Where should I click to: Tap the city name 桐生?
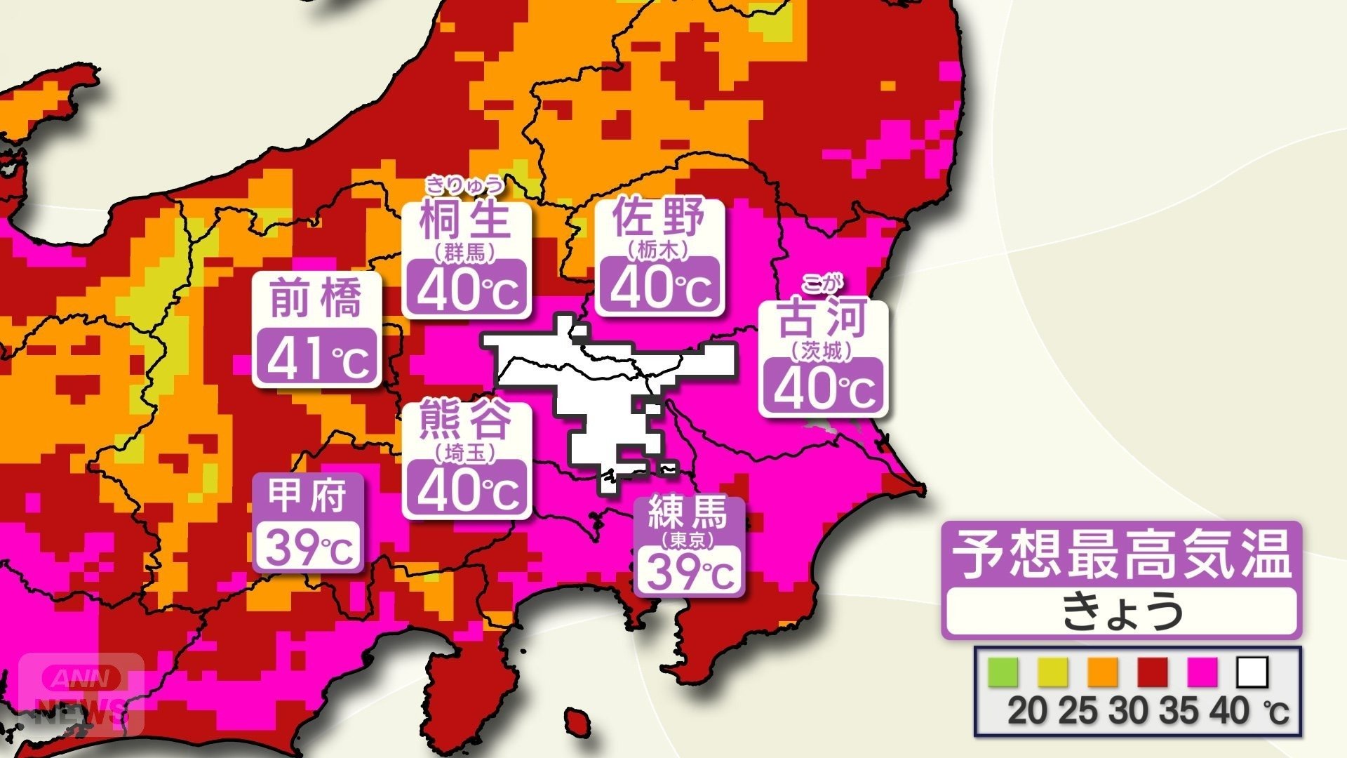pos(464,219)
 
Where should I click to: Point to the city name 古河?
pos(822,319)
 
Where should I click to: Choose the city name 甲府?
pos(308,496)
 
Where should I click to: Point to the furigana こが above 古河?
pos(822,284)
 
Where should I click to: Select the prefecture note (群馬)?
pos(464,252)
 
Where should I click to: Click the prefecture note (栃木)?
pos(659,248)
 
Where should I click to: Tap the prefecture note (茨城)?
pos(822,350)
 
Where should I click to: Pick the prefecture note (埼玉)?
pos(464,453)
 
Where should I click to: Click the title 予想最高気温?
pos(1121,554)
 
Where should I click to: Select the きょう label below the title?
pos(1121,611)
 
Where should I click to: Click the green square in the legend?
pos(1003,672)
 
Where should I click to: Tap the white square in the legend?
pos(1252,672)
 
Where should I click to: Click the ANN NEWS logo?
pos(81,692)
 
